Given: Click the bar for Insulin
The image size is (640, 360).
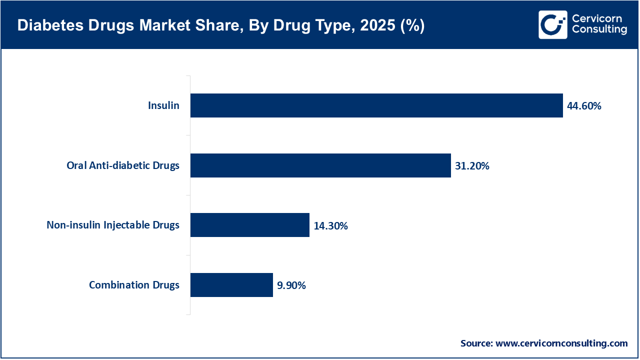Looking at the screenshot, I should point(376,105).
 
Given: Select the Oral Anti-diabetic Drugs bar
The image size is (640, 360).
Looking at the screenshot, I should point(320,165).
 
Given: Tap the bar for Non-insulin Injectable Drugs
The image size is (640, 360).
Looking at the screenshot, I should point(250,225).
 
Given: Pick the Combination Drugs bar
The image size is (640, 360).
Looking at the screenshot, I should point(231,285).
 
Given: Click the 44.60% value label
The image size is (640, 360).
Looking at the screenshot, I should point(584,106).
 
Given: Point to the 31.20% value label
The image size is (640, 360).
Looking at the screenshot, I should point(472,166).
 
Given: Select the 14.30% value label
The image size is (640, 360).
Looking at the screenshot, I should point(330,226).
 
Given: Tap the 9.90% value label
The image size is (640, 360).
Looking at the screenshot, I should point(291,285).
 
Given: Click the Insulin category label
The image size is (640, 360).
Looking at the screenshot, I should point(163,105).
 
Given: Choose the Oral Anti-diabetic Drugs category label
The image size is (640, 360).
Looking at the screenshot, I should point(123,165).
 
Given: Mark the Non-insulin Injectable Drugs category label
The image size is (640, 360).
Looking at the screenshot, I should point(113,225).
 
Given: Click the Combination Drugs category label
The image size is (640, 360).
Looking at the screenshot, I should point(134,285).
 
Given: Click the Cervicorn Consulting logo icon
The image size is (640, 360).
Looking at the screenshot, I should point(552,24).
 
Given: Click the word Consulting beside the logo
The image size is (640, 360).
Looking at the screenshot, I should point(599,30).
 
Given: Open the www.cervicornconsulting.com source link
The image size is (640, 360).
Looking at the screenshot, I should point(562,343).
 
